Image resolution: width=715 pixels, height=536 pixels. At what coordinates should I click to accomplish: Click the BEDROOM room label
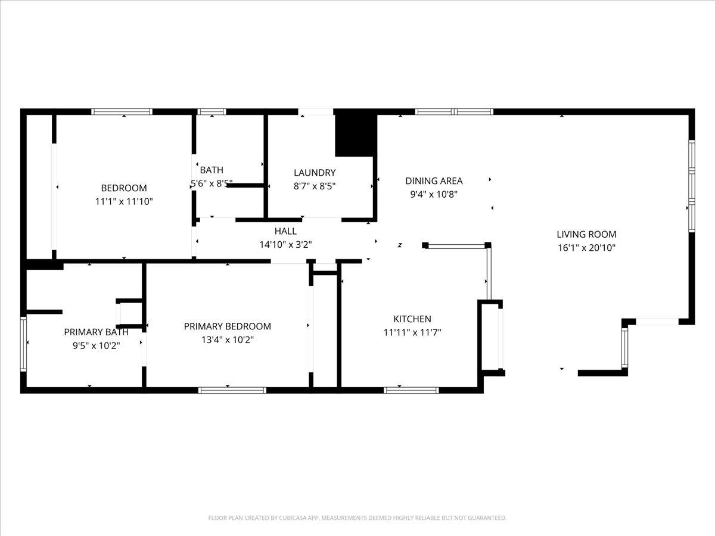click(124, 188)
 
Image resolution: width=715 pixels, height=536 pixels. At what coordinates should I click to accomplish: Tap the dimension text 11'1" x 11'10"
click(124, 202)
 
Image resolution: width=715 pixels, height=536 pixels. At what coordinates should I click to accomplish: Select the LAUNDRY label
click(315, 173)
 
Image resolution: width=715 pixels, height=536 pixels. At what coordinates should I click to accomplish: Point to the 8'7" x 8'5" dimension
click(315, 186)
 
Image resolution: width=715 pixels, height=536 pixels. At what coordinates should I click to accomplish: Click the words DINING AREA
click(434, 181)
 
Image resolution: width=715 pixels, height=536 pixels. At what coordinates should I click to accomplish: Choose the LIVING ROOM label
click(586, 234)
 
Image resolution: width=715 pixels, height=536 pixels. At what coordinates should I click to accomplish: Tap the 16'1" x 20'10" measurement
click(586, 248)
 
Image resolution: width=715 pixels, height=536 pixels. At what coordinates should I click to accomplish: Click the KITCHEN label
click(412, 319)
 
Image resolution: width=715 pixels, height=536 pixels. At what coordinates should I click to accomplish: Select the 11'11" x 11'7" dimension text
click(412, 332)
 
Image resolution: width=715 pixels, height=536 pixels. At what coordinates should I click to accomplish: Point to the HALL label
click(285, 231)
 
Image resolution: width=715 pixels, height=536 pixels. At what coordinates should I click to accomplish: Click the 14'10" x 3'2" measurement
click(285, 244)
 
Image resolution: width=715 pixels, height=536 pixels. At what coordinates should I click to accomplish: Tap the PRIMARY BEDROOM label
click(228, 326)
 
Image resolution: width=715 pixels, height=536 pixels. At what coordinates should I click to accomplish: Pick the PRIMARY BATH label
click(96, 332)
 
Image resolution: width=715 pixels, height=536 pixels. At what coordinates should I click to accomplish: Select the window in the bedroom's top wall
click(122, 111)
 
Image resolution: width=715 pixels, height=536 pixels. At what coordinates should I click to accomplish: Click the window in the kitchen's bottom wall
click(411, 390)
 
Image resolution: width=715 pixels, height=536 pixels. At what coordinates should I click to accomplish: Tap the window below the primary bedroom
click(232, 390)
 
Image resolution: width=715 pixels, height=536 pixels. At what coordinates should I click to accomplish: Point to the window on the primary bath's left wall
click(23, 344)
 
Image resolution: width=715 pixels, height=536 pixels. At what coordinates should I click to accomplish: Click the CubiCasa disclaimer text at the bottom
click(357, 518)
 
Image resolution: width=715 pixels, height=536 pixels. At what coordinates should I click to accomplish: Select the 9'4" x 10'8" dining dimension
click(434, 194)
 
